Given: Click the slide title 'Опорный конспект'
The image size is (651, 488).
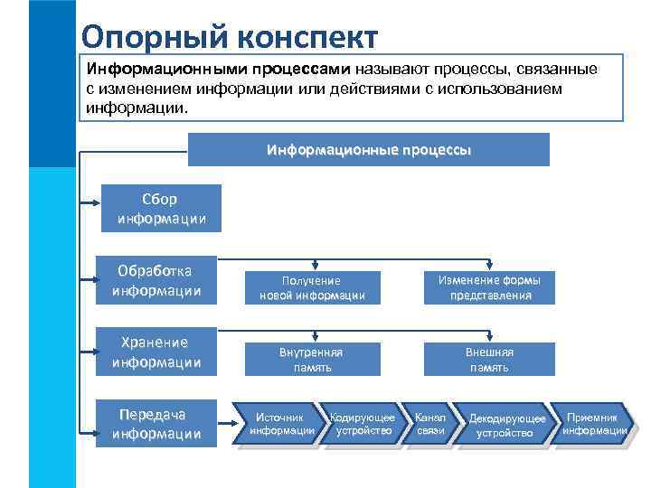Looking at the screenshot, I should [x=228, y=37].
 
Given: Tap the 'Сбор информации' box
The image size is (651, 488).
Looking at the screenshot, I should [x=159, y=208].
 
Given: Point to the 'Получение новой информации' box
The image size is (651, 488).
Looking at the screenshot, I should [x=312, y=287].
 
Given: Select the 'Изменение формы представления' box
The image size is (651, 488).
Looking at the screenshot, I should [x=490, y=287].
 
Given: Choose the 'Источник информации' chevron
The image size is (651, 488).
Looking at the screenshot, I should [x=281, y=425].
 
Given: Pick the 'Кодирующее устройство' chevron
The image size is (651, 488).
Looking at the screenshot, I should [x=362, y=425].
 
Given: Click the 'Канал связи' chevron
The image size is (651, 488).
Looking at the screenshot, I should [x=431, y=425].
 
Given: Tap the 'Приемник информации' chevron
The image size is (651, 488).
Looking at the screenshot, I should [x=592, y=425].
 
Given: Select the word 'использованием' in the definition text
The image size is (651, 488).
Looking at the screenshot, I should [x=505, y=89].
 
